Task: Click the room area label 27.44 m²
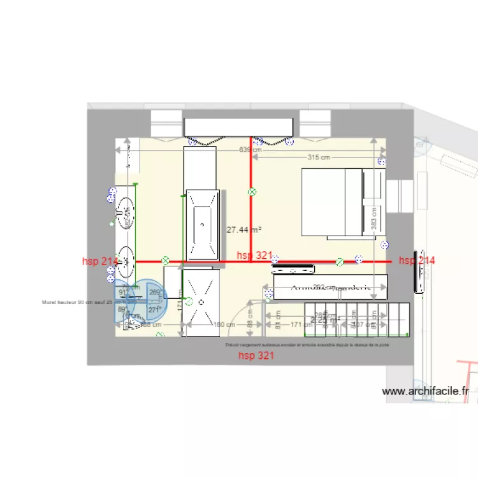pos(244,229)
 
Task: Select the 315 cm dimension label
pos(319,157)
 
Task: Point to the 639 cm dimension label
pos(249,150)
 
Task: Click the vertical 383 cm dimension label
pos(374,219)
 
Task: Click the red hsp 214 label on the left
pos(100,261)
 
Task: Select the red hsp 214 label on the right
pos(417,260)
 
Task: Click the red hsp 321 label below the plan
pos(256,356)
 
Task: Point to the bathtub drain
pos(203,224)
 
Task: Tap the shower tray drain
pos(203,302)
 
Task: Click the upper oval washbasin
pos(126,207)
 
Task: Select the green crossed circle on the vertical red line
pos(252,191)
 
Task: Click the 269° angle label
pos(154,293)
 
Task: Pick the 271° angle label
pos(154,310)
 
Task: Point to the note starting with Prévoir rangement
pos(307,344)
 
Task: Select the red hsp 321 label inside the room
pos(254,256)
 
